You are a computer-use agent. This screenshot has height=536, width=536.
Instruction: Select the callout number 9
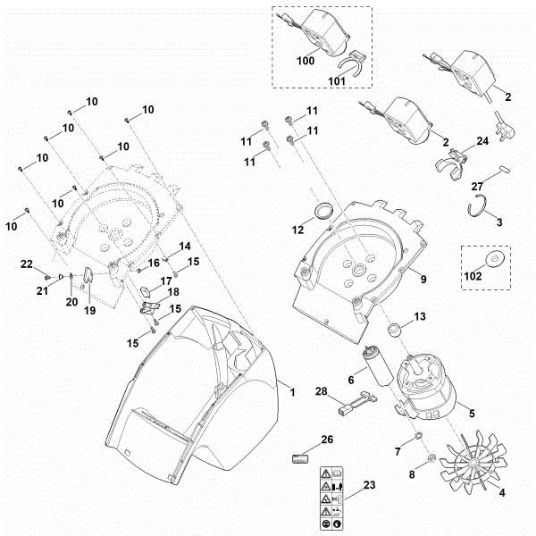click(423, 280)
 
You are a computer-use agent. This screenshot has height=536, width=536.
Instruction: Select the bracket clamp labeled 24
click(451, 157)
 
